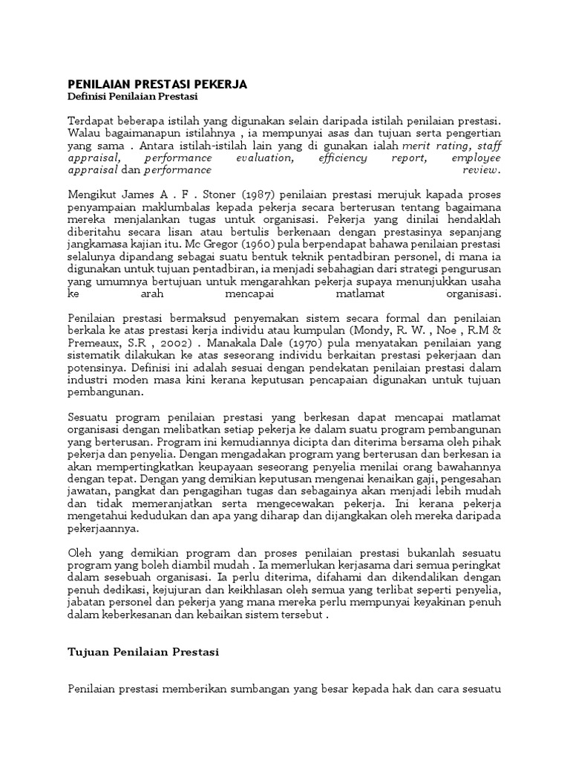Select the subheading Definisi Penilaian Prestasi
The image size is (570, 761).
134,97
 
